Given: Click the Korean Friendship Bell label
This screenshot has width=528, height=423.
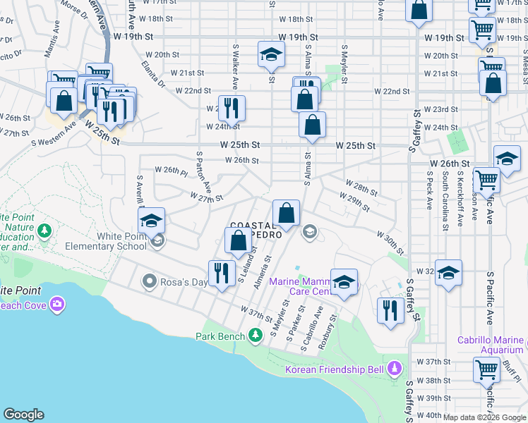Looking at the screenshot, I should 334,369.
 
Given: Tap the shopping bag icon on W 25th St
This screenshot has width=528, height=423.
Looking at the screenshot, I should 312,125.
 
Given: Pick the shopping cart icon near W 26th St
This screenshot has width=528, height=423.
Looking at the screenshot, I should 486,180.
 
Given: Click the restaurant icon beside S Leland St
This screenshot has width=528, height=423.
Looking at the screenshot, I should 222,274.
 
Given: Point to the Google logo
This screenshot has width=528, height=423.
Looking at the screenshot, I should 23,415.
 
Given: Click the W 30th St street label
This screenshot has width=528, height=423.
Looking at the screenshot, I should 390,243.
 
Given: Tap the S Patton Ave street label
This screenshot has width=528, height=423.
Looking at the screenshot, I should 205,171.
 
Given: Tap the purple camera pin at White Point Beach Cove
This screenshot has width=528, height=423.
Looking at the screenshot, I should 56,305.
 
